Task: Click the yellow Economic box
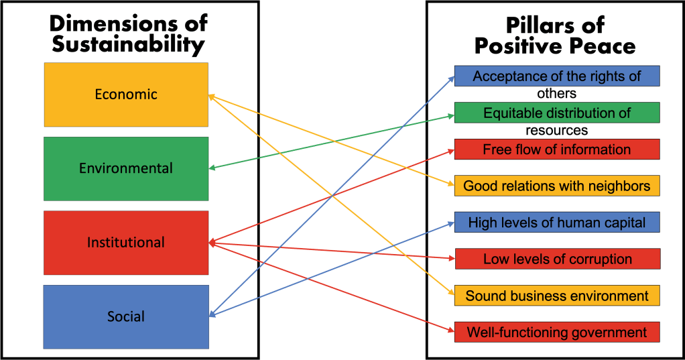point(126,95)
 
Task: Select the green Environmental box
point(126,168)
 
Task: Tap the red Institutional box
point(126,243)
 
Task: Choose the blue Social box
point(126,316)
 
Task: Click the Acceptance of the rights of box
point(557,76)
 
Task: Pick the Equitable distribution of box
point(557,113)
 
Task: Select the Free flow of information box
point(557,149)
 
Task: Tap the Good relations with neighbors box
point(557,186)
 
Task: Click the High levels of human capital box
point(557,222)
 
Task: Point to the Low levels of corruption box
point(557,259)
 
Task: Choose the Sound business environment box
point(557,296)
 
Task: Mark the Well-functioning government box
point(557,332)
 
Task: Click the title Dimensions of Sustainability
point(128,34)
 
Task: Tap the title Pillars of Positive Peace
point(554,36)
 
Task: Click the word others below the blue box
point(556,94)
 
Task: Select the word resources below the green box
point(556,131)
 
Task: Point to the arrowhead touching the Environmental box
point(212,168)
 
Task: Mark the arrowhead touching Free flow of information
point(451,151)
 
